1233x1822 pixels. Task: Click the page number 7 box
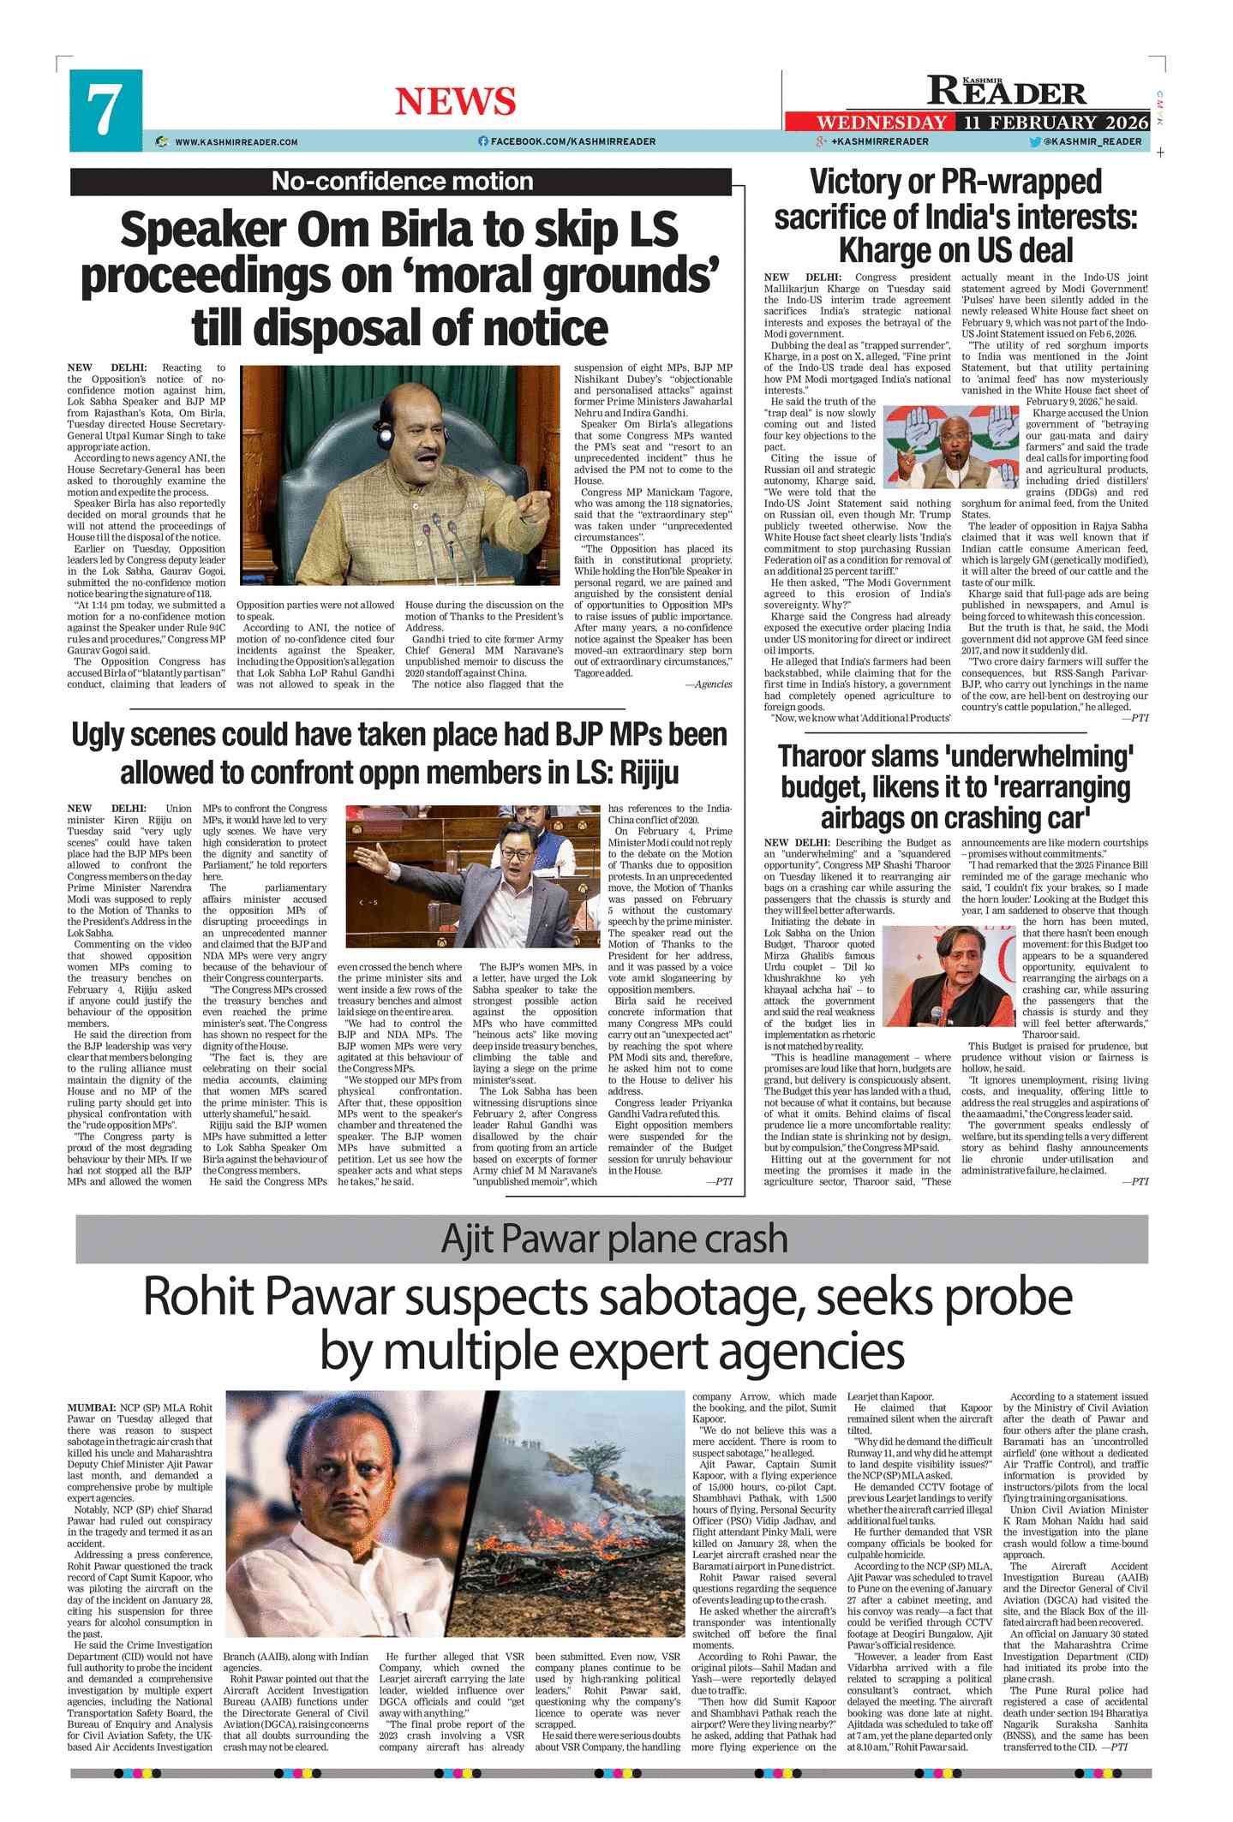(105, 111)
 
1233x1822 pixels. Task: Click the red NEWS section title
(455, 101)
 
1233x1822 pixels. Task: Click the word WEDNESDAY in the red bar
(882, 122)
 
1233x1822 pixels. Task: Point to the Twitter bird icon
(1035, 142)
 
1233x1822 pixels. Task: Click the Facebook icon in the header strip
(483, 141)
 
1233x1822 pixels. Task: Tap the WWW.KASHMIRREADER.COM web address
(236, 142)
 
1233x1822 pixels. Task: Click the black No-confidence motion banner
(401, 182)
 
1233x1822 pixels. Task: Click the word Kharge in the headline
(881, 251)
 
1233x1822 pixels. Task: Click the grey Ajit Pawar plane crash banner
(612, 1239)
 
